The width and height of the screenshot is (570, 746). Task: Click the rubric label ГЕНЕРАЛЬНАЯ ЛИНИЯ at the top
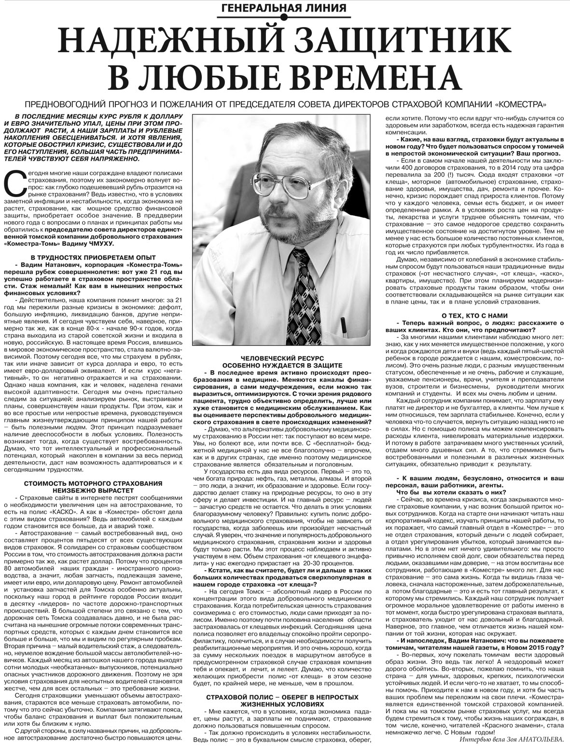(x=285, y=8)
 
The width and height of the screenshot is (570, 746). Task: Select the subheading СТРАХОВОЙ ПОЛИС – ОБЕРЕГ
(x=282, y=697)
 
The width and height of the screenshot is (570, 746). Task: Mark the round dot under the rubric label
(x=285, y=18)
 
